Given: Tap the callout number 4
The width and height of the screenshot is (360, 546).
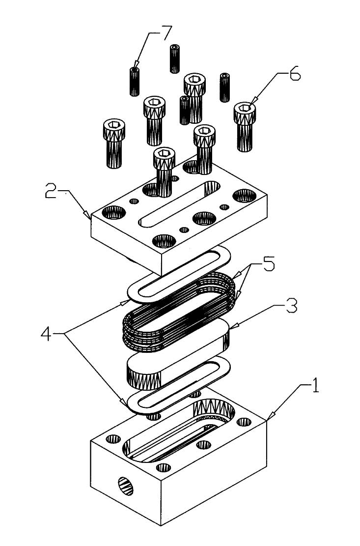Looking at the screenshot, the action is click(x=47, y=335).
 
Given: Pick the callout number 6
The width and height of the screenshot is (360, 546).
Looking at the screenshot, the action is click(x=295, y=74).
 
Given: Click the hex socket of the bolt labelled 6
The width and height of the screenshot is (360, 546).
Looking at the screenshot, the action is click(x=245, y=108).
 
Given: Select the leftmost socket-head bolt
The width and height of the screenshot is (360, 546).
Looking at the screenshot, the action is click(x=114, y=144).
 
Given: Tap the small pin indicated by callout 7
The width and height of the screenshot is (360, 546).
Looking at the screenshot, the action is click(x=135, y=82).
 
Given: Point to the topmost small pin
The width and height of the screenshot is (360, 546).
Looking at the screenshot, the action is click(x=175, y=58).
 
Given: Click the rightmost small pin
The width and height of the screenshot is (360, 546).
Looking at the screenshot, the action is click(x=225, y=87).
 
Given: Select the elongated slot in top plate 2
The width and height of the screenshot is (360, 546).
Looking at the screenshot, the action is click(x=178, y=204).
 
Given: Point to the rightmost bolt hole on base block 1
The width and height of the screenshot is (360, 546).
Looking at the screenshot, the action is click(x=244, y=422).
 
